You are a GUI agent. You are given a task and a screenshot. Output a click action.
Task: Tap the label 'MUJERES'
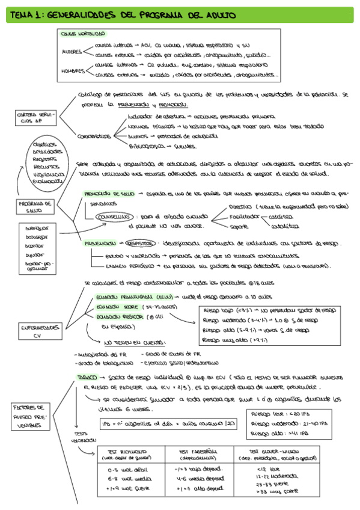(72, 52)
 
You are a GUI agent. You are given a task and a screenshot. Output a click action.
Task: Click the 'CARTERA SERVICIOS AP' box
(32, 117)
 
